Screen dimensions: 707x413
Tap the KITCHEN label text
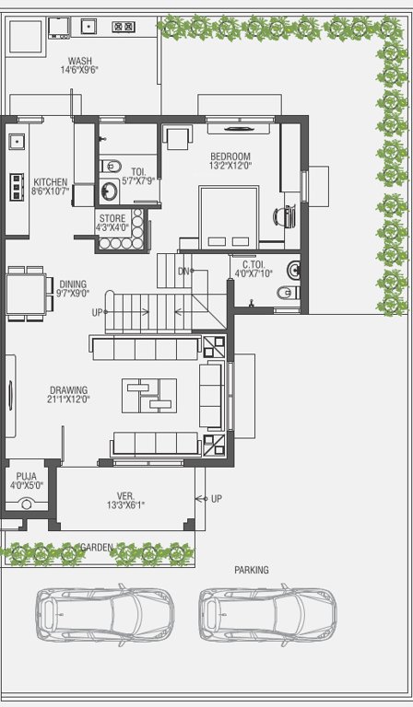tap(50, 182)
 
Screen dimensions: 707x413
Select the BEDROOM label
tap(229, 156)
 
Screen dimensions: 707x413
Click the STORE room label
tap(112, 218)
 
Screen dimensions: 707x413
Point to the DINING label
tap(73, 284)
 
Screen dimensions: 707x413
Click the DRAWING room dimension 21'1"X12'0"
tap(68, 400)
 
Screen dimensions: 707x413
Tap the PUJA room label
tap(26, 476)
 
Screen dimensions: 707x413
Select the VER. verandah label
tap(125, 494)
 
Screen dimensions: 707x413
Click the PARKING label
tap(252, 570)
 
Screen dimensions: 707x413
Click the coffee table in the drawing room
tap(148, 395)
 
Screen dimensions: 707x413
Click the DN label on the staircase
tap(183, 271)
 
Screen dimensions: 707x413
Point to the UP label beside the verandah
tap(217, 498)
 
